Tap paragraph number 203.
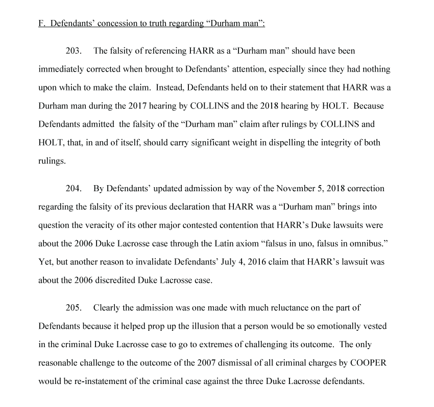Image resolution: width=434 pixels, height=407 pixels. (x=74, y=51)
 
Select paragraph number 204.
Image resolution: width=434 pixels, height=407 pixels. (x=74, y=188)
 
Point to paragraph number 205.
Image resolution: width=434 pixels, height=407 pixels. (x=74, y=307)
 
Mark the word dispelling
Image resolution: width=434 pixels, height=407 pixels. (x=282, y=143)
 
